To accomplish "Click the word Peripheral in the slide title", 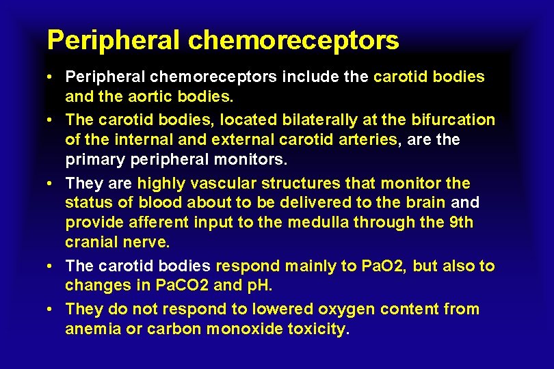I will [113, 40].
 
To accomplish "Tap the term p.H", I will [259, 286].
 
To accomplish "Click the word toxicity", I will [316, 329].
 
